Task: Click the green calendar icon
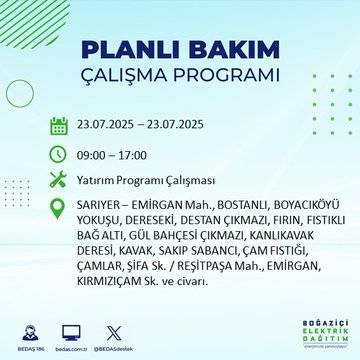(x=59, y=125)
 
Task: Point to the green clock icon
(x=59, y=155)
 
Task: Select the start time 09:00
(x=96, y=155)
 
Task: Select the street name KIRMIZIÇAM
(x=118, y=286)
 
